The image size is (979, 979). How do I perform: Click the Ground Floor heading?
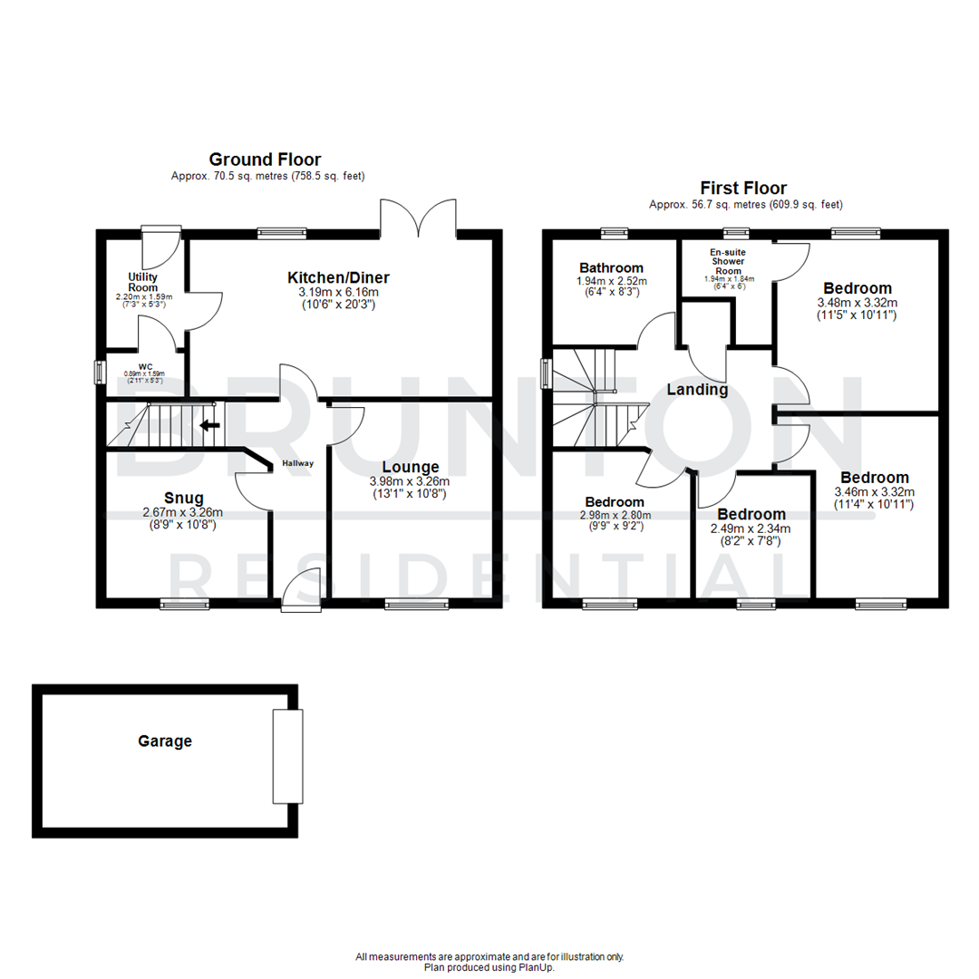click(265, 160)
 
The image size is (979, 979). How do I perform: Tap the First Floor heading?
click(742, 189)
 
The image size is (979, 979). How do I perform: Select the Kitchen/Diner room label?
click(339, 277)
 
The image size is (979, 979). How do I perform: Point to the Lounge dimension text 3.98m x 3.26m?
click(411, 480)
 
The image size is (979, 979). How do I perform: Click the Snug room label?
click(183, 497)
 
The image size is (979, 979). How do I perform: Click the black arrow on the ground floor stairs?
click(209, 424)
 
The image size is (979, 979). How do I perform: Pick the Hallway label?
click(297, 463)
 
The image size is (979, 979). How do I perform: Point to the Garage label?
click(165, 741)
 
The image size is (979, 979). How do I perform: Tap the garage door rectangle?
click(286, 757)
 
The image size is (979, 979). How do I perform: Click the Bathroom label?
click(612, 267)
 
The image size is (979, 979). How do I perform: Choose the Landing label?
click(698, 390)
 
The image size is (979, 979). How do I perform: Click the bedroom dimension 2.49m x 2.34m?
click(751, 529)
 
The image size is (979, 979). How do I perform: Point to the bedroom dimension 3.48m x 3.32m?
click(857, 303)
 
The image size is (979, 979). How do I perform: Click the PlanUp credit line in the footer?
click(489, 967)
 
